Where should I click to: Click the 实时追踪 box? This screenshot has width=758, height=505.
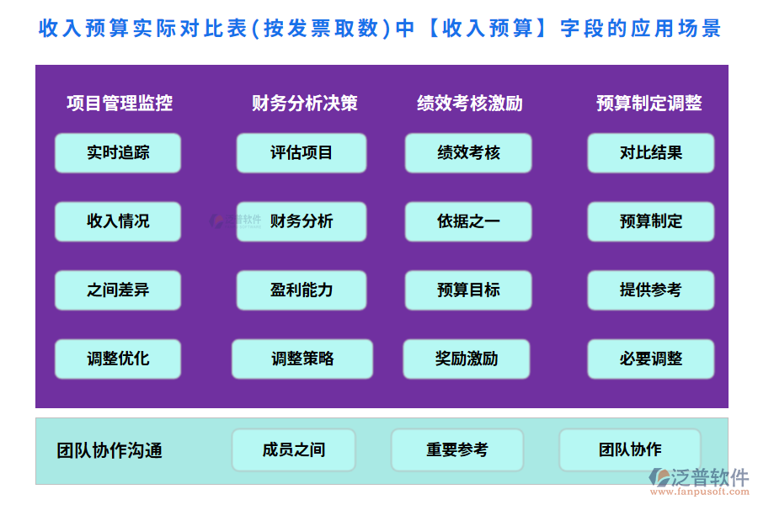[x=118, y=153]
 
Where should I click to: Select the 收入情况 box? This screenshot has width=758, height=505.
[x=118, y=221]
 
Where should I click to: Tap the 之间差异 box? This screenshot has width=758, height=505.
[x=118, y=290]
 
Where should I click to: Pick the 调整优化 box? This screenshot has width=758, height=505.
[x=118, y=359]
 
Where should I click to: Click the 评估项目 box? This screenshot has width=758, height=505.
[x=302, y=153]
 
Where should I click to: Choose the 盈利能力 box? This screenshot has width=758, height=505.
[x=302, y=290]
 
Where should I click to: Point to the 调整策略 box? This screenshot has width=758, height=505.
[x=302, y=359]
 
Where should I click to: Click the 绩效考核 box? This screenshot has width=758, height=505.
[x=468, y=153]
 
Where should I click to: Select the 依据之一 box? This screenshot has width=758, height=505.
[x=468, y=221]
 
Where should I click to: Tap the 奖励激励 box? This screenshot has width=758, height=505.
[x=467, y=359]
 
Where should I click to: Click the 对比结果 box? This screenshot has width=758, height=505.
[x=650, y=153]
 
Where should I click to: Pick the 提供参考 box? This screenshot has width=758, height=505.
[x=650, y=290]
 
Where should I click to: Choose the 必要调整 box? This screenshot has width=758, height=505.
[x=650, y=359]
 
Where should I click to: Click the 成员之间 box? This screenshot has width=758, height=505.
[x=293, y=450]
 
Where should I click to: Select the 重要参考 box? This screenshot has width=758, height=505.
[x=456, y=450]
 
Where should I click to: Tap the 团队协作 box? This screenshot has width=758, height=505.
[x=630, y=450]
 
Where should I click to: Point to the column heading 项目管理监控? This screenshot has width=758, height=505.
[x=120, y=104]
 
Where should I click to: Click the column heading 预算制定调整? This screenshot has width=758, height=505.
[x=649, y=104]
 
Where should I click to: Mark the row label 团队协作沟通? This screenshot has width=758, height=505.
[x=109, y=450]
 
